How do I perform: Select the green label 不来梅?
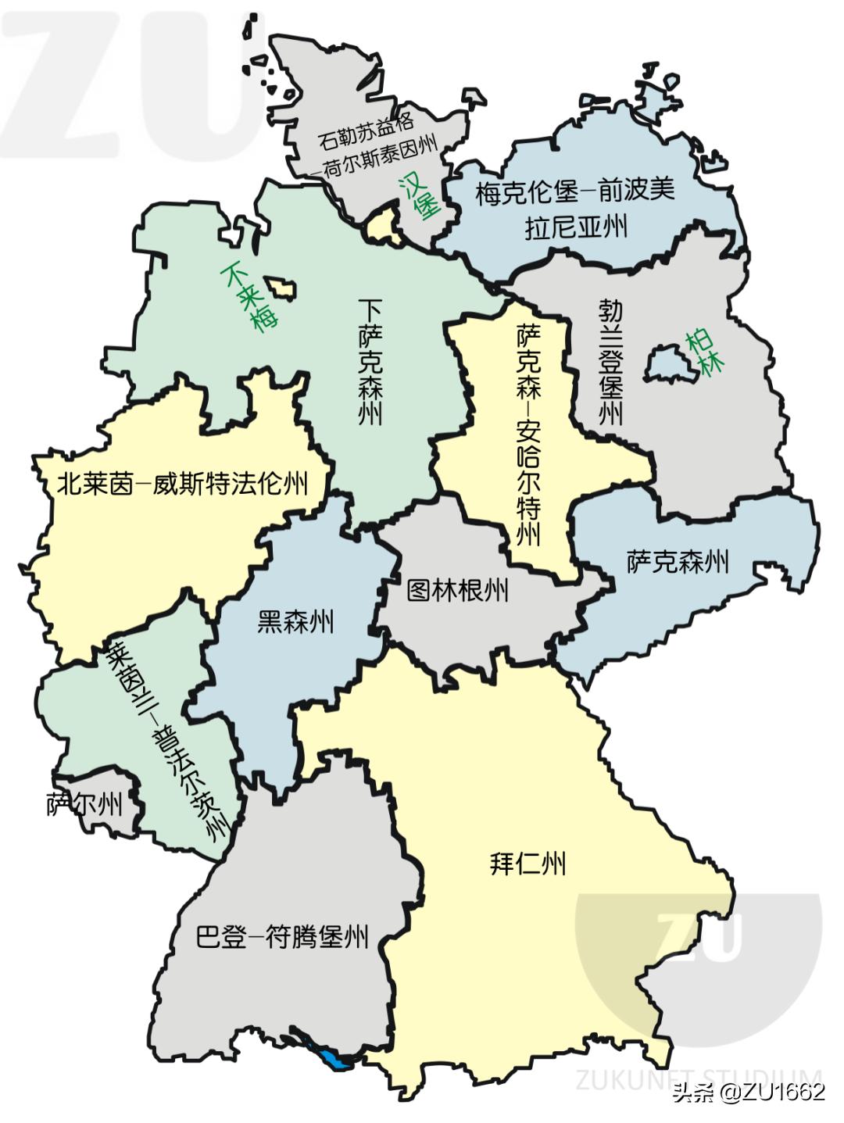click(251, 297)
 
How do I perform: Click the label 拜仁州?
click(527, 864)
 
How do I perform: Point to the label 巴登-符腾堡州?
click(282, 935)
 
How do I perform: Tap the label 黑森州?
click(295, 622)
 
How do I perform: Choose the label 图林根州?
click(458, 590)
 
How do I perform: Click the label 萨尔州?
click(84, 804)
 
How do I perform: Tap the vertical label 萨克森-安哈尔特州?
click(529, 435)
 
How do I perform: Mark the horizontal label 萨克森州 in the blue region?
click(678, 561)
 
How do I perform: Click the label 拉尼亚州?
click(577, 227)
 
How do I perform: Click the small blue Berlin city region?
click(665, 360)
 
